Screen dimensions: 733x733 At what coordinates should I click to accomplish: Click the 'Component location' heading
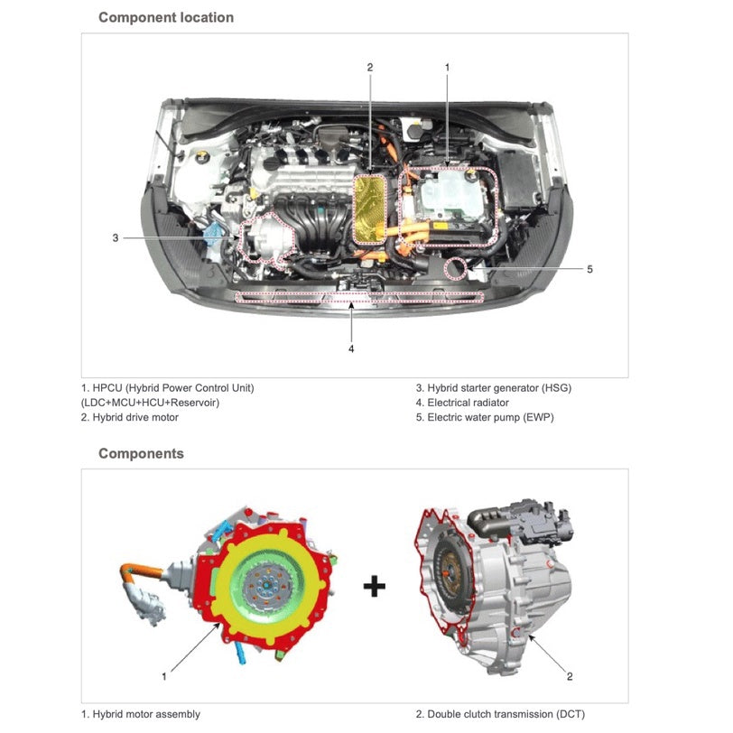[165, 17]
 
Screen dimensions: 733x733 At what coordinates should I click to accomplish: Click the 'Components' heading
[141, 453]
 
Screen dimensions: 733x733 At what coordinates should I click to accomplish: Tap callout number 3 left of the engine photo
[116, 237]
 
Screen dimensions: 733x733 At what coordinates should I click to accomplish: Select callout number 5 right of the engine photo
[589, 268]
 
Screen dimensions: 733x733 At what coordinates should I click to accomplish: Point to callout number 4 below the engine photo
[351, 348]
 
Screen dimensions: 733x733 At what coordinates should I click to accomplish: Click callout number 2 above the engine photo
[369, 67]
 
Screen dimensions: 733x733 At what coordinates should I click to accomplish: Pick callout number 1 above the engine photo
[447, 67]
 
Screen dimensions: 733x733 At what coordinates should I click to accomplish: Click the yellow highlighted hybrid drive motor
[367, 209]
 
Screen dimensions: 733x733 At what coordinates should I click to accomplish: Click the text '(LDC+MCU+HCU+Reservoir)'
[150, 403]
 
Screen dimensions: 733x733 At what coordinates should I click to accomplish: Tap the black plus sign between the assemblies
[374, 587]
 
